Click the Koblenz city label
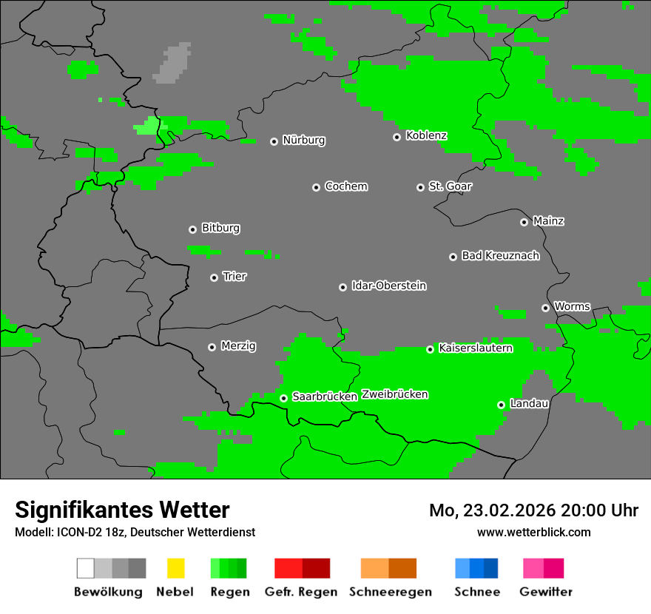click(x=426, y=136)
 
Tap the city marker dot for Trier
click(x=215, y=277)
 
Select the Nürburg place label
click(x=303, y=141)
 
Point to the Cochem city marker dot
click(x=316, y=187)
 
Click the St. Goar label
click(x=450, y=186)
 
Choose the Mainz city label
click(x=548, y=221)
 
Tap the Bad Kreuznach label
click(x=500, y=256)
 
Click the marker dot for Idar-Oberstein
click(x=343, y=287)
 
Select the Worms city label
click(x=572, y=306)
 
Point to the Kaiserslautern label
click(x=475, y=348)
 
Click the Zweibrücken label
click(x=394, y=394)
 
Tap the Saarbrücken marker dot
click(x=283, y=398)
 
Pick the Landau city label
click(x=529, y=404)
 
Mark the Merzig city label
click(x=238, y=345)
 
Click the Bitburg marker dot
click(x=192, y=229)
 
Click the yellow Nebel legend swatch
click(x=175, y=568)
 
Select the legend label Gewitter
click(x=545, y=592)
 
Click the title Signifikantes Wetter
click(x=122, y=510)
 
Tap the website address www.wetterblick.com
click(x=533, y=532)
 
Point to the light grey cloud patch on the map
click(x=172, y=64)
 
